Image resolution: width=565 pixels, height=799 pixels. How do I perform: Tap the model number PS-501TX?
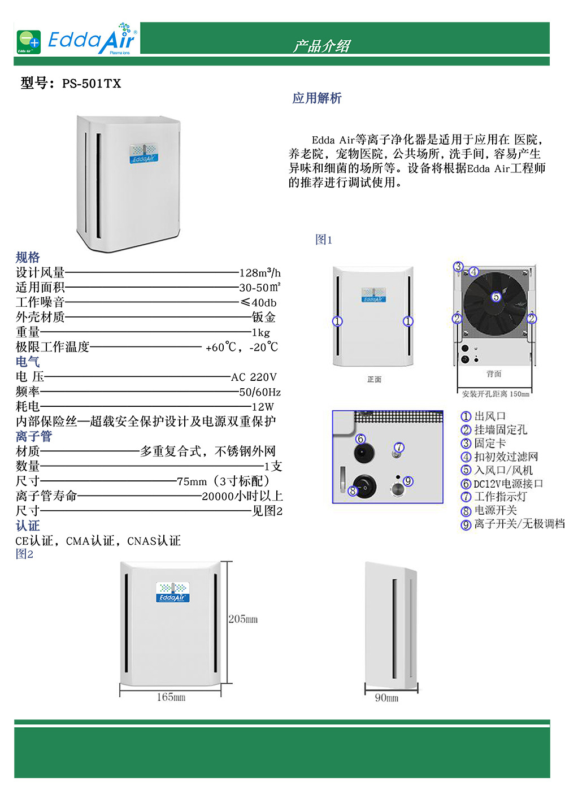92,84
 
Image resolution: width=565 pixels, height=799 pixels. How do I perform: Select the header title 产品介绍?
321,46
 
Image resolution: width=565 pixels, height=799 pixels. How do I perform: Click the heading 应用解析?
317,98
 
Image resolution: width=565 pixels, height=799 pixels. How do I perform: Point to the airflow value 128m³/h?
259,273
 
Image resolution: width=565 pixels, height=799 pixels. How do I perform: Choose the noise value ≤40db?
258,303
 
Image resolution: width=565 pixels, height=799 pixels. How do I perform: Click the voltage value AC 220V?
254,377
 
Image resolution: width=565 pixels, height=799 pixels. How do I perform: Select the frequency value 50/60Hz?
259,392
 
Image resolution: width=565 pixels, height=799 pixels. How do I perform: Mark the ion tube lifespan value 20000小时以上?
242,496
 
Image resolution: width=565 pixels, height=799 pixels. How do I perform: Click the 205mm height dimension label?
243,619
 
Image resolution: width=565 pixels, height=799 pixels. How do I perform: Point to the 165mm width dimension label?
171,697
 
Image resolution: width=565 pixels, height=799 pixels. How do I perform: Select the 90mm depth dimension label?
386,698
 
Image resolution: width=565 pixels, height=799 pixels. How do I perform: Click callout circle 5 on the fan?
496,297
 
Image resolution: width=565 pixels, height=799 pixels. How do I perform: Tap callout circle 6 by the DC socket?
360,439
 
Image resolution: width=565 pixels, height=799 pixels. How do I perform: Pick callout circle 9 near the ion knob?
408,481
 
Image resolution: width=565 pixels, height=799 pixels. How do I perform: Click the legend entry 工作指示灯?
500,497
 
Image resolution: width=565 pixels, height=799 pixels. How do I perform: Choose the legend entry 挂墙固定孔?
500,430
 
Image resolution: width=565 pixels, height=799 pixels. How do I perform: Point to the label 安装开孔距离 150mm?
496,394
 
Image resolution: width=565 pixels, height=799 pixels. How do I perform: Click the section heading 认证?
28,526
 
